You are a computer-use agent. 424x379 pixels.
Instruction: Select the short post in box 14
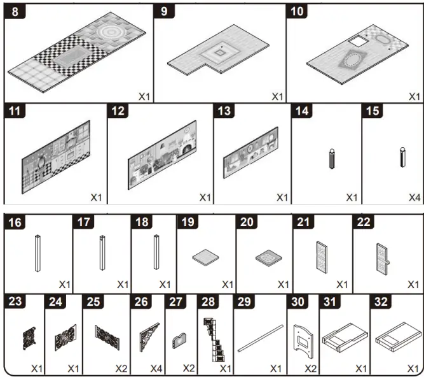tap(331, 158)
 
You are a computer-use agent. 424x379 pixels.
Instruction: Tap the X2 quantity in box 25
tap(121, 369)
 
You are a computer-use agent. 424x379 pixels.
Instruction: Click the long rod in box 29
tap(260, 338)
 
